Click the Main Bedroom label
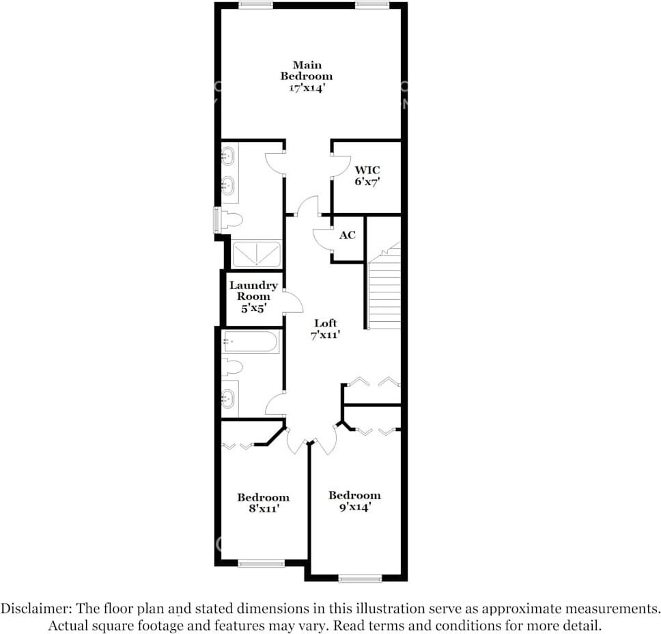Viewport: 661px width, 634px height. (x=306, y=76)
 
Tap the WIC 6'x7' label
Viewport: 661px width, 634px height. (x=367, y=176)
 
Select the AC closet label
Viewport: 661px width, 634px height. (x=348, y=235)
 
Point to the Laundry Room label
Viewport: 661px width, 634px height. (x=253, y=297)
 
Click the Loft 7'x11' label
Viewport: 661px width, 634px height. (x=326, y=329)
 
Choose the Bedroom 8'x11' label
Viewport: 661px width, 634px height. (x=263, y=503)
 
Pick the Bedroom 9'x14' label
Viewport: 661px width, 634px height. (x=354, y=501)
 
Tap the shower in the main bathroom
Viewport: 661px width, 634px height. (x=256, y=254)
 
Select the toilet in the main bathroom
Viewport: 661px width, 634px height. (x=231, y=220)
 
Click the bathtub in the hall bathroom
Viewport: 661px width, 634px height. (x=251, y=342)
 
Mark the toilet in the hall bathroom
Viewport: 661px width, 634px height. (x=233, y=368)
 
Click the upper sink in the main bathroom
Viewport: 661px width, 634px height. (x=229, y=157)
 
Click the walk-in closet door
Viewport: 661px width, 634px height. (x=339, y=166)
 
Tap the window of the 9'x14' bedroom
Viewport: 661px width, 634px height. (x=360, y=578)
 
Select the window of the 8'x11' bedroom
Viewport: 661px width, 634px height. (x=261, y=564)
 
